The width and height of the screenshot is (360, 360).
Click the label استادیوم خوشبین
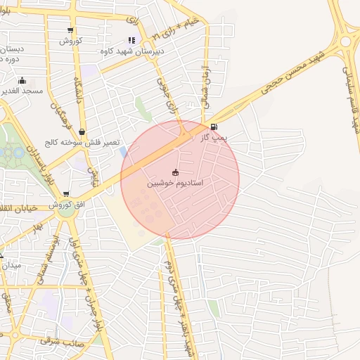pos(175,183)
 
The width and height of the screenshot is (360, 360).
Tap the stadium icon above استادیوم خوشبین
pos(175,172)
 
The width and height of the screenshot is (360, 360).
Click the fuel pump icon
pos(214,128)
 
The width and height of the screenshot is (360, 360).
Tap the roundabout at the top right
pos(345,41)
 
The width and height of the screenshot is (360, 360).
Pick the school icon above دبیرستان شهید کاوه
pos(131,41)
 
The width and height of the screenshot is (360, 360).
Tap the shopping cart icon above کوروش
pos(70,30)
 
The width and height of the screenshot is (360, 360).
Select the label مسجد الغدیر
pos(22,91)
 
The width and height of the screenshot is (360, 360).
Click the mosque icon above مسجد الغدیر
pos(22,80)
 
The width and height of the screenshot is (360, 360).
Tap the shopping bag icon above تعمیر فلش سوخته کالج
pos(82,131)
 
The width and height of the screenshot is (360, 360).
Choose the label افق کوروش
pos(66,204)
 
